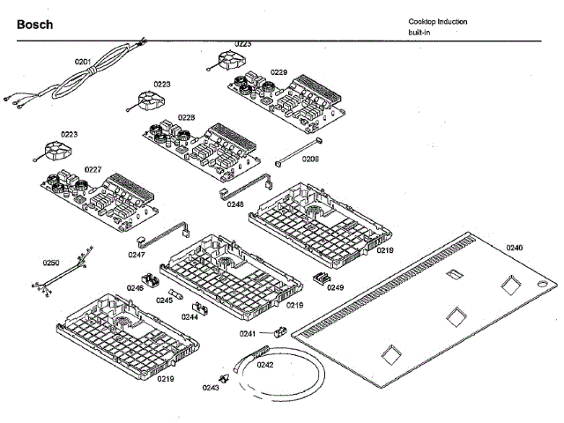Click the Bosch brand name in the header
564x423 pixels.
coord(35,25)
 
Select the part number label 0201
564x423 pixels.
coord(83,62)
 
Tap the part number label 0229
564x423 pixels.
coord(278,72)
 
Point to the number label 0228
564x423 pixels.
coord(186,116)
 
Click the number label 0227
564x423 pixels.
coord(93,168)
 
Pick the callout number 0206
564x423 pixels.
coord(310,159)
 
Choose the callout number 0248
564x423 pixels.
coord(235,204)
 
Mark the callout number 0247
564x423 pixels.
coord(136,255)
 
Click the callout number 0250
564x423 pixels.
coord(51,263)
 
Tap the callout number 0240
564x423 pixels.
coord(514,248)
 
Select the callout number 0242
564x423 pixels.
coord(265,364)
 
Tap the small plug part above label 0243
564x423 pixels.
coord(226,379)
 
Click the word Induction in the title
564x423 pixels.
coord(452,21)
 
